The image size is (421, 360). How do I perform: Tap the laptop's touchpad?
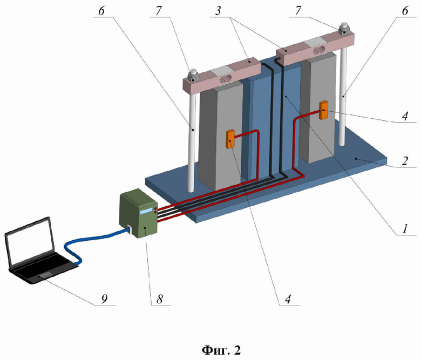coord(45,276)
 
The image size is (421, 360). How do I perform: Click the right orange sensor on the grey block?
coord(324,111)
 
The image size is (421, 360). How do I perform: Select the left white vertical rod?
coord(192,140)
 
